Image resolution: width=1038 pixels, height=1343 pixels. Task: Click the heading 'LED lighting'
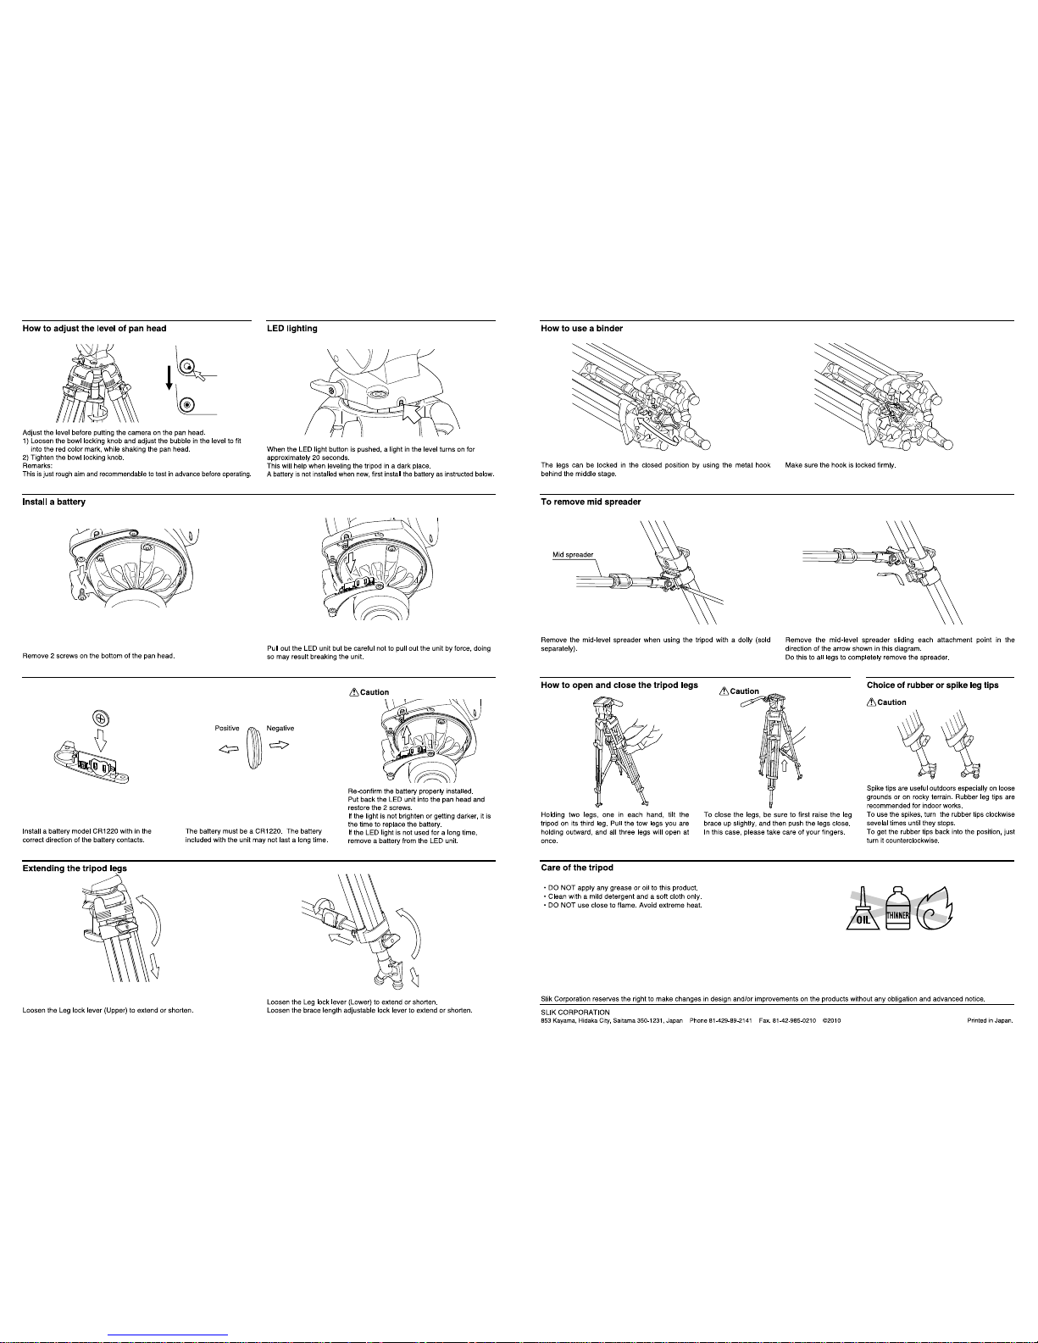coord(291,328)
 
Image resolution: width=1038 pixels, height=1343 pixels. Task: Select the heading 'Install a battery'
coord(53,502)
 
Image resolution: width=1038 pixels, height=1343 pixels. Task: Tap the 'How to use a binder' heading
coord(581,328)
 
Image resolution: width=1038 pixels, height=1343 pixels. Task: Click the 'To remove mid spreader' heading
coord(591,502)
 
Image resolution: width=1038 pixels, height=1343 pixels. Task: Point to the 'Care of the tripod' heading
coord(576,868)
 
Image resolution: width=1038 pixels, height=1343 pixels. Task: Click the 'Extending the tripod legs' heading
coord(75,869)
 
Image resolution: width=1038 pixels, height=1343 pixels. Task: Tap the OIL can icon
coord(863,912)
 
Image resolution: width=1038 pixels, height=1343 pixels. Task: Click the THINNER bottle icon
coord(897,908)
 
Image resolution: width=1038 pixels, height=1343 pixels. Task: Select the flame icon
coord(935,908)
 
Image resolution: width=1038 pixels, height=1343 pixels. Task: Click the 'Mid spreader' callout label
coord(573,554)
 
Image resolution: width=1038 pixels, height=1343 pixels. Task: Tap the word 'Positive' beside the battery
coord(227,728)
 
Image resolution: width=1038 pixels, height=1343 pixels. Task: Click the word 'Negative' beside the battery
coord(280,728)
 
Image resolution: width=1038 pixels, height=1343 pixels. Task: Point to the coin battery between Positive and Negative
coord(253,747)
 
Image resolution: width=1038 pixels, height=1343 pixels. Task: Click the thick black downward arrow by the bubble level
coord(169,378)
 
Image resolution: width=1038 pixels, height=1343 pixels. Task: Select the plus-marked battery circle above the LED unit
coord(101,719)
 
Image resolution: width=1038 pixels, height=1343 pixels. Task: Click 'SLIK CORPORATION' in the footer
coord(575,1013)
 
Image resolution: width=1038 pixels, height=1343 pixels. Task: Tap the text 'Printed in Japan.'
coord(990,1020)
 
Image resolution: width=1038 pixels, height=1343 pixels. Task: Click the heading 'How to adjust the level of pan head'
coord(95,328)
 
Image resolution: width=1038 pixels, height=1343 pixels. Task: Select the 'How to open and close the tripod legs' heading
coord(619,685)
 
